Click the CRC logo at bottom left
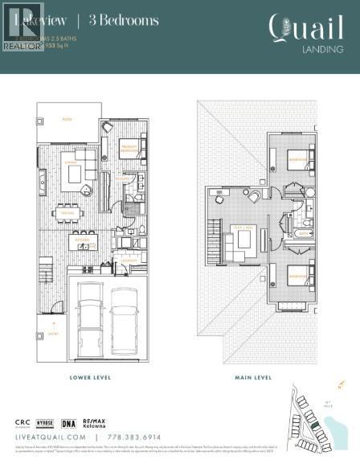(x=25, y=423)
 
